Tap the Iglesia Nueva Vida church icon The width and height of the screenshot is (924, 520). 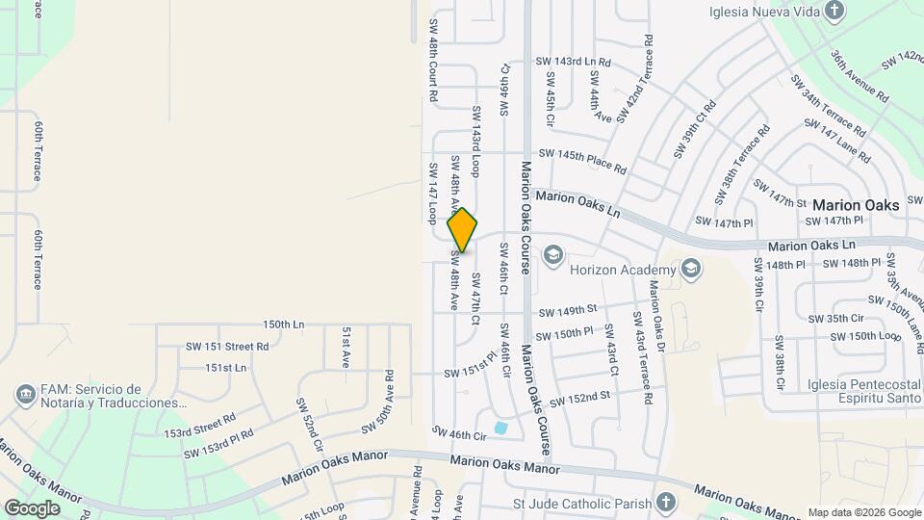(834, 12)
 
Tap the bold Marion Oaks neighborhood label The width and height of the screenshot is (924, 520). (856, 205)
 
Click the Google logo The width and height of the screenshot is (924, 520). (32, 507)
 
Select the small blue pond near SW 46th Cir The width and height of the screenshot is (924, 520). (500, 428)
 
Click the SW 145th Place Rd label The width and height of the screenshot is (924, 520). (582, 160)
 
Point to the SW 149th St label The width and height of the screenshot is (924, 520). (568, 311)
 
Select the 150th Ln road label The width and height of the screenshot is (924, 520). (283, 325)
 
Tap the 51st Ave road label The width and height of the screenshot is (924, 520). (346, 347)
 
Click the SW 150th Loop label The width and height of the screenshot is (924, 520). (862, 335)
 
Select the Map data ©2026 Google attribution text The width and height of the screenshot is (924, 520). (863, 512)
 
